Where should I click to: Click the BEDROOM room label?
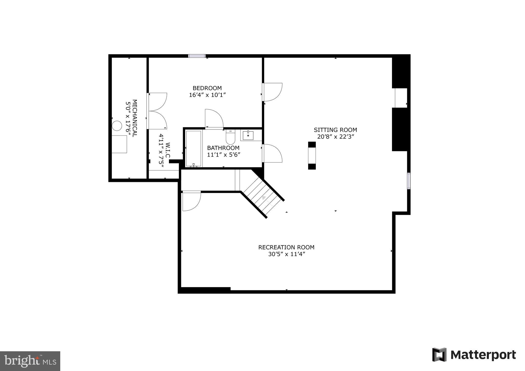coord(207,88)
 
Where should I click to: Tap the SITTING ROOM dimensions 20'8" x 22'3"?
coord(335,137)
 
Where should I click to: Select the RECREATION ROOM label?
coord(286,247)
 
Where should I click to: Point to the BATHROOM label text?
coord(223,148)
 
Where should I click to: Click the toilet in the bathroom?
coord(230,138)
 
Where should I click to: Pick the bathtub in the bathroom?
coord(194,149)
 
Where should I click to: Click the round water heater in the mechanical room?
coord(117,126)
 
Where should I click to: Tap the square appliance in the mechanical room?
coord(119,144)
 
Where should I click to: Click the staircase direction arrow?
coord(264,198)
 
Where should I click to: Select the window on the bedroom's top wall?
coord(197,56)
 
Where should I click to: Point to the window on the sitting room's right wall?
coord(409,181)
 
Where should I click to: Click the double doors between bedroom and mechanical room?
coord(157,111)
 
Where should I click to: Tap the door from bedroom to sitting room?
coord(272,92)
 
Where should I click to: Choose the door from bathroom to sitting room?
coord(272,153)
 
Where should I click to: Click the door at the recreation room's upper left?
coord(191,201)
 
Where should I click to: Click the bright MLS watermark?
coord(30,361)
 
